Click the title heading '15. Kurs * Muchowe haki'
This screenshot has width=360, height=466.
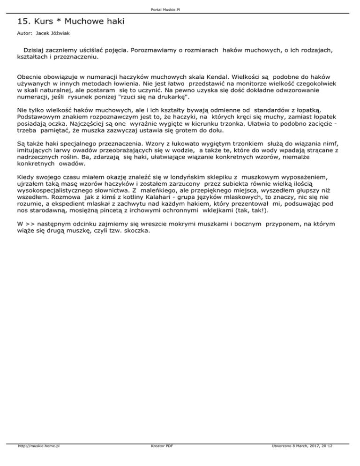(x=71, y=22)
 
